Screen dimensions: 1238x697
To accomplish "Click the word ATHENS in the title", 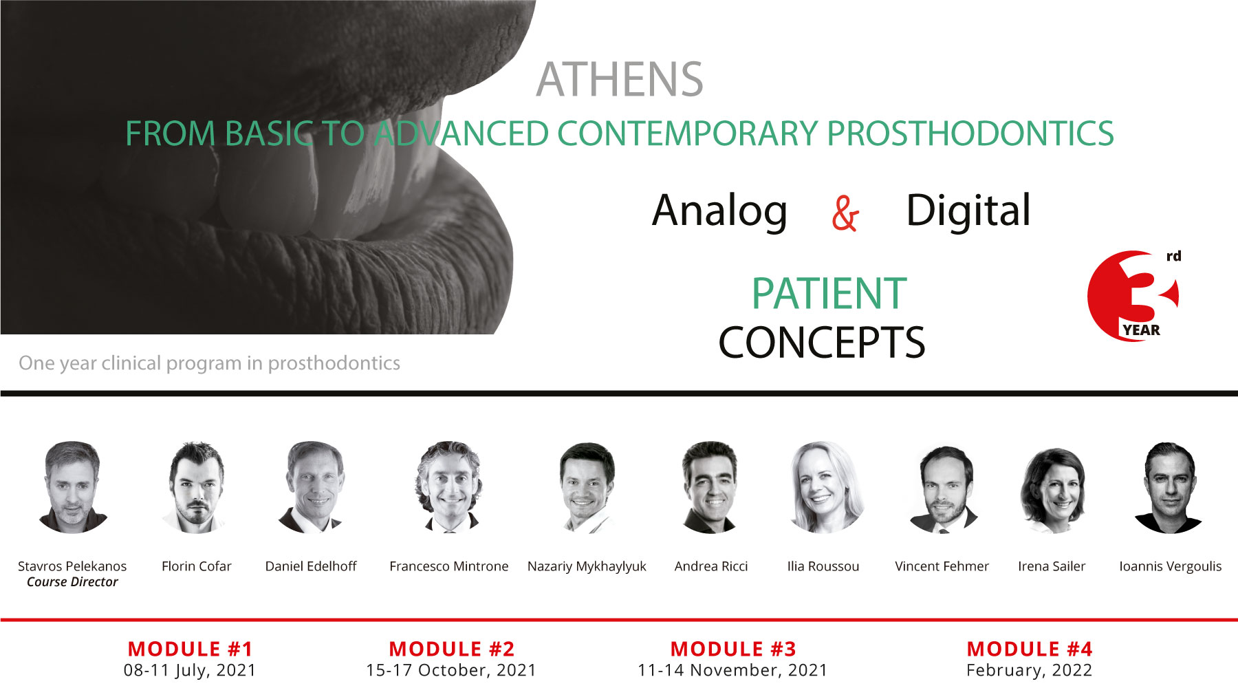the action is pos(620,79).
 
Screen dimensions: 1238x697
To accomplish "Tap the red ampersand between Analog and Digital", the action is pos(845,213).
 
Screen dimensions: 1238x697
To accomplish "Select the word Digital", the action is pos(968,211).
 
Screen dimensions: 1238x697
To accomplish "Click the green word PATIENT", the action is pos(829,294).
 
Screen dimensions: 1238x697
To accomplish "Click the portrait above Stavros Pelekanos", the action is pos(72,487).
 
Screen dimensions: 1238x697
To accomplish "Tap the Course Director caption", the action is pos(72,582).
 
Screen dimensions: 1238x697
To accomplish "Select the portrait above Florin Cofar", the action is pos(196,487).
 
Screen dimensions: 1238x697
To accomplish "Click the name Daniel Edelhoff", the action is pos(311,566).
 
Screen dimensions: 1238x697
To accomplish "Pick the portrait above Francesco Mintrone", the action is pos(449,487).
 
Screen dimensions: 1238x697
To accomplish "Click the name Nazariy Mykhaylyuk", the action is pos(587,566).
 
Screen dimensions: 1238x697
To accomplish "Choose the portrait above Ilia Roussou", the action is pos(823,487).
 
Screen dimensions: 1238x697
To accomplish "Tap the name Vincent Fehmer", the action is pos(942,566).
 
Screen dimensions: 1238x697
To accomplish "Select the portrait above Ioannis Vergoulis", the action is pos(1170,487).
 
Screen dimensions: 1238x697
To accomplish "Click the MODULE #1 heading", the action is pos(191,649).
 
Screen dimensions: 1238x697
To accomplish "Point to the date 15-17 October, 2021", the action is pos(451,670).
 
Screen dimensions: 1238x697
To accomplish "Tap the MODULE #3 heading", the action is pos(733,649).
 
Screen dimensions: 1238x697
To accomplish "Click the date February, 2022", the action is pos(1029,670).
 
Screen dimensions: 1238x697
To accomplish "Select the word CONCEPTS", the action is pos(822,343).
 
